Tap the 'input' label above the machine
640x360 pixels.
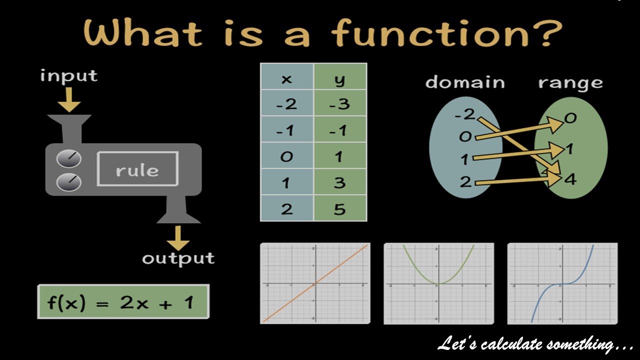click(68, 76)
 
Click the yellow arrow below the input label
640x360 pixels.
click(68, 99)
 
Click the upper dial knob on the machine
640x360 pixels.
click(68, 159)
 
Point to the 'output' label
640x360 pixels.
click(178, 258)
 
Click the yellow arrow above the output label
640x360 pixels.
click(178, 238)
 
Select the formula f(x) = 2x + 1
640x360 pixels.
click(123, 301)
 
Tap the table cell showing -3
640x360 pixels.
click(340, 104)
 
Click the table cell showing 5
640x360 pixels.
click(340, 208)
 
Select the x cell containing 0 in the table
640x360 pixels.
click(286, 156)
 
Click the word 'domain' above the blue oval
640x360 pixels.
click(465, 82)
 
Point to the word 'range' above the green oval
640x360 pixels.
click(570, 82)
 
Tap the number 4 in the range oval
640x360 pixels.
click(570, 178)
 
